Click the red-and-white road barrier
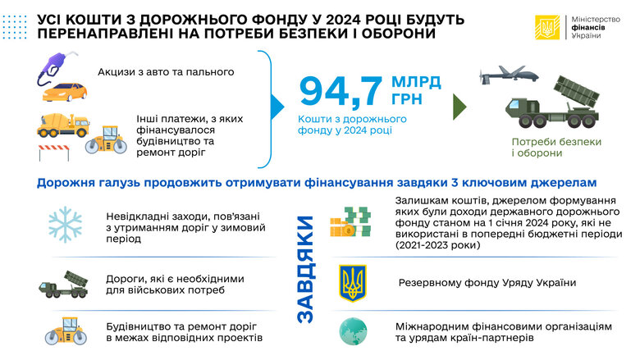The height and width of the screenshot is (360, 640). tap(54, 153)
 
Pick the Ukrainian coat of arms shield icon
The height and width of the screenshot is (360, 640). tap(353, 282)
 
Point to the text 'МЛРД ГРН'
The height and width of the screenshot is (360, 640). tap(416, 92)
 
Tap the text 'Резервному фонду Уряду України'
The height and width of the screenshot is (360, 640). tap(487, 284)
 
